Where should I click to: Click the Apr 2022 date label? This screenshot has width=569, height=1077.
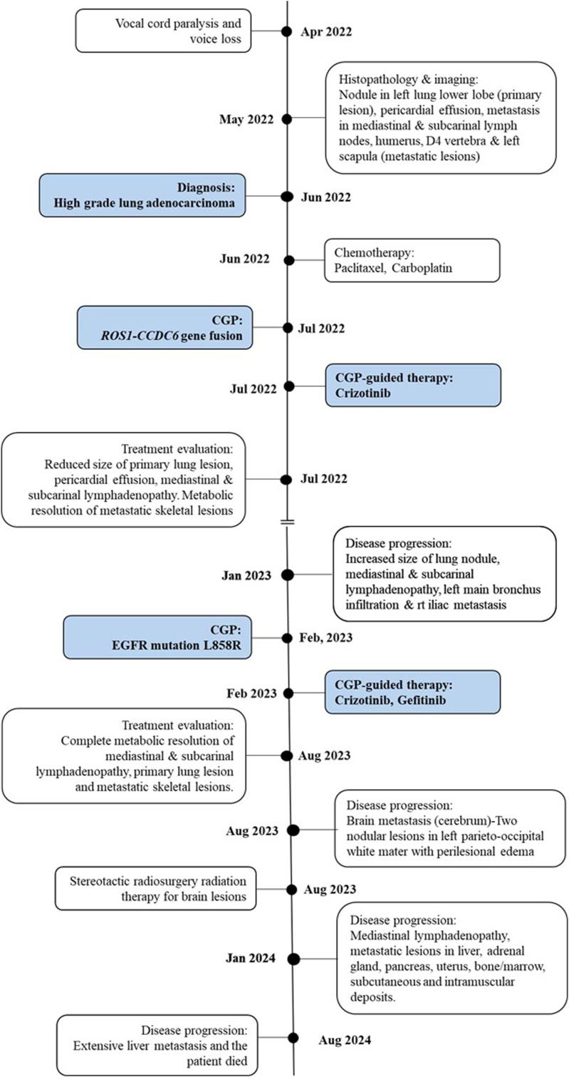(x=326, y=31)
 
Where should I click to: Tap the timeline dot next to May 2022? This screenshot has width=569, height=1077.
(x=286, y=119)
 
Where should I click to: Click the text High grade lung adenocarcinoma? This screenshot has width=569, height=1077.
(x=145, y=205)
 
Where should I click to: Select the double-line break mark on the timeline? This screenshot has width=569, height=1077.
(x=287, y=522)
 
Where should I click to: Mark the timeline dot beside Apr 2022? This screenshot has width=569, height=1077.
(x=286, y=31)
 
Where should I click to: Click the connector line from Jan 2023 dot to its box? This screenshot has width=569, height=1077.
(x=310, y=574)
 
